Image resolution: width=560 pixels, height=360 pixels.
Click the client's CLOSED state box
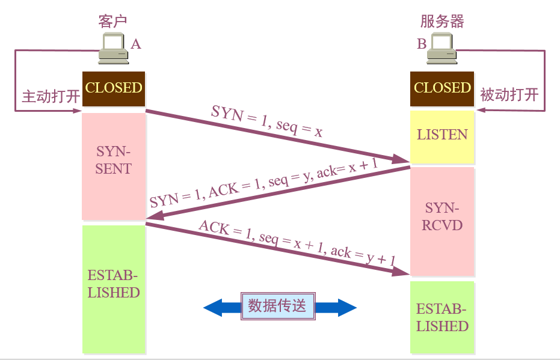(x=114, y=88)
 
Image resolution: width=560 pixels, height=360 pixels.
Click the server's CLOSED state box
(x=442, y=88)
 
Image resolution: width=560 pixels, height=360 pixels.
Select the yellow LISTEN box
(x=442, y=135)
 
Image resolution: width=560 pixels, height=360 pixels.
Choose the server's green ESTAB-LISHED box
(x=442, y=319)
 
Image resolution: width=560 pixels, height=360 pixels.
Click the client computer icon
(x=114, y=49)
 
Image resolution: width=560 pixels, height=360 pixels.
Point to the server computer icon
(x=441, y=49)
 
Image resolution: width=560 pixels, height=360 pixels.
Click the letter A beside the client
(x=136, y=44)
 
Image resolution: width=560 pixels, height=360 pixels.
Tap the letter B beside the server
(x=421, y=44)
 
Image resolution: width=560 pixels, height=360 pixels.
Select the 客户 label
(x=113, y=21)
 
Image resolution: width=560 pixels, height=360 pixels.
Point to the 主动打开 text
(x=51, y=97)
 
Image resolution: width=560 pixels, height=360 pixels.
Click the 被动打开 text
(x=509, y=96)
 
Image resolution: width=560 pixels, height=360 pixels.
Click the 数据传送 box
(x=277, y=307)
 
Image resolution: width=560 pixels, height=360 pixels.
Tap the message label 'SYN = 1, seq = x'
(x=266, y=121)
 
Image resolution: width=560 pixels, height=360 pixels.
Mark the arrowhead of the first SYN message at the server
(x=401, y=159)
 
